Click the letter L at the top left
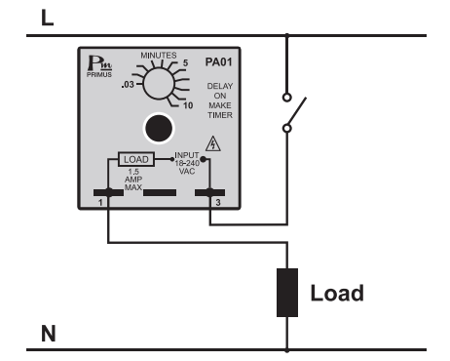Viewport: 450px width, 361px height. pos(47,19)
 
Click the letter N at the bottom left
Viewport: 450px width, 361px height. pos(48,336)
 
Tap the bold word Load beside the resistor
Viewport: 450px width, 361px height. pos(337,293)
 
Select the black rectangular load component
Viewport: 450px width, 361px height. pos(286,292)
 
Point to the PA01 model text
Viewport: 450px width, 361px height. pos(218,61)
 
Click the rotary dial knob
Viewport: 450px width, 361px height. pos(157,87)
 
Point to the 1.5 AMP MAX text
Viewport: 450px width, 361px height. pos(134,180)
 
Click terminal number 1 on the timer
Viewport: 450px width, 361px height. pos(108,194)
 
